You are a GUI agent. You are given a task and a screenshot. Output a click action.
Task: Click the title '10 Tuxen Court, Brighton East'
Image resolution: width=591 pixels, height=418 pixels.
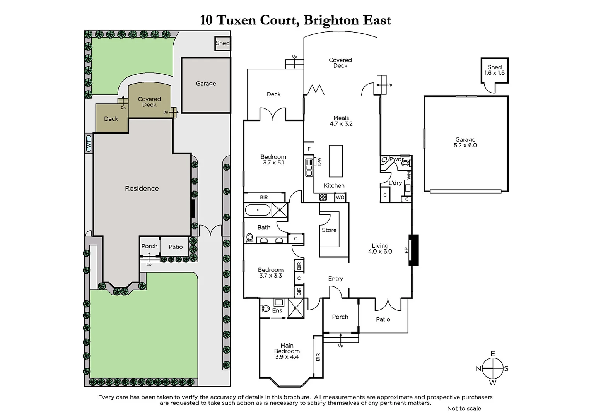tap(295, 20)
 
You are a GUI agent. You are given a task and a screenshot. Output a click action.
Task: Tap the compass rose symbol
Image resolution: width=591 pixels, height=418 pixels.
tap(492, 368)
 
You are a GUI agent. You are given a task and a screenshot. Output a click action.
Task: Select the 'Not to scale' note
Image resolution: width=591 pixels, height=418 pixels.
tap(464, 408)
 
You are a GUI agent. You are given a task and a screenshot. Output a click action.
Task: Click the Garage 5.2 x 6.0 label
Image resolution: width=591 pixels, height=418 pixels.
tap(465, 142)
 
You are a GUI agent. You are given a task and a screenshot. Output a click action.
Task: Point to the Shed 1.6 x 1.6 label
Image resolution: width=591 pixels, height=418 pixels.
tap(494, 70)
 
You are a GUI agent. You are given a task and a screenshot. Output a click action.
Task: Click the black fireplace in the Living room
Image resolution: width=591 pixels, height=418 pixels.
tap(414, 250)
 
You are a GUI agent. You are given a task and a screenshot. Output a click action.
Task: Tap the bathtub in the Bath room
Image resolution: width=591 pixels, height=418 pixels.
tap(258, 211)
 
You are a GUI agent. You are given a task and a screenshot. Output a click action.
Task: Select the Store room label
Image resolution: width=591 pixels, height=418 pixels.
tap(329, 230)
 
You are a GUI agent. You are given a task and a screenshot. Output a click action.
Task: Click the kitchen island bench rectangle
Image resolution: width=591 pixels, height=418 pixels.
tap(336, 161)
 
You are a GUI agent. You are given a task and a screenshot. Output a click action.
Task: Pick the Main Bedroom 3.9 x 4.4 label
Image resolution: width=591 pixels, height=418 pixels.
tap(287, 351)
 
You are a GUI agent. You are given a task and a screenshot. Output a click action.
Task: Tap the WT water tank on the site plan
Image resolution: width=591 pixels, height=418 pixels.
tap(89, 144)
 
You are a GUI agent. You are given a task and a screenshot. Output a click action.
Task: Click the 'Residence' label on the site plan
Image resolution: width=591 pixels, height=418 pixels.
tap(142, 188)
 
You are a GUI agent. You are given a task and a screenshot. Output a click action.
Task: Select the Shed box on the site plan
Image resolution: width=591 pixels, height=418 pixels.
tap(222, 43)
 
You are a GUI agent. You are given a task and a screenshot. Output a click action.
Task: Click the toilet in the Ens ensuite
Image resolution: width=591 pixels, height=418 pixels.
tap(265, 308)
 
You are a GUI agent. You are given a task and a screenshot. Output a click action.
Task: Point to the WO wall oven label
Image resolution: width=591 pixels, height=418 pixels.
tap(340, 197)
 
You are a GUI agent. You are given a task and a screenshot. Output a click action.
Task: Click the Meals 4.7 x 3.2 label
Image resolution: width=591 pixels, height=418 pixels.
tap(341, 121)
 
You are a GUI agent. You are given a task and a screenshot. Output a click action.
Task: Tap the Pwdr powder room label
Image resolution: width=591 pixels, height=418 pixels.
tap(396, 159)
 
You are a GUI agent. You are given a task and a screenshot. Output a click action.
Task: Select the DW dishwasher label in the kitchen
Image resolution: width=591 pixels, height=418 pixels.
tap(319, 161)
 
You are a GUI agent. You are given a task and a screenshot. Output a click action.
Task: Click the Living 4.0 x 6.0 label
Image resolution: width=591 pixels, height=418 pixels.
tap(380, 248)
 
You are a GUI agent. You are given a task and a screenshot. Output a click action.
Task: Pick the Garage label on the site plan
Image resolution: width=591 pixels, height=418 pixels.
tap(206, 84)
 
